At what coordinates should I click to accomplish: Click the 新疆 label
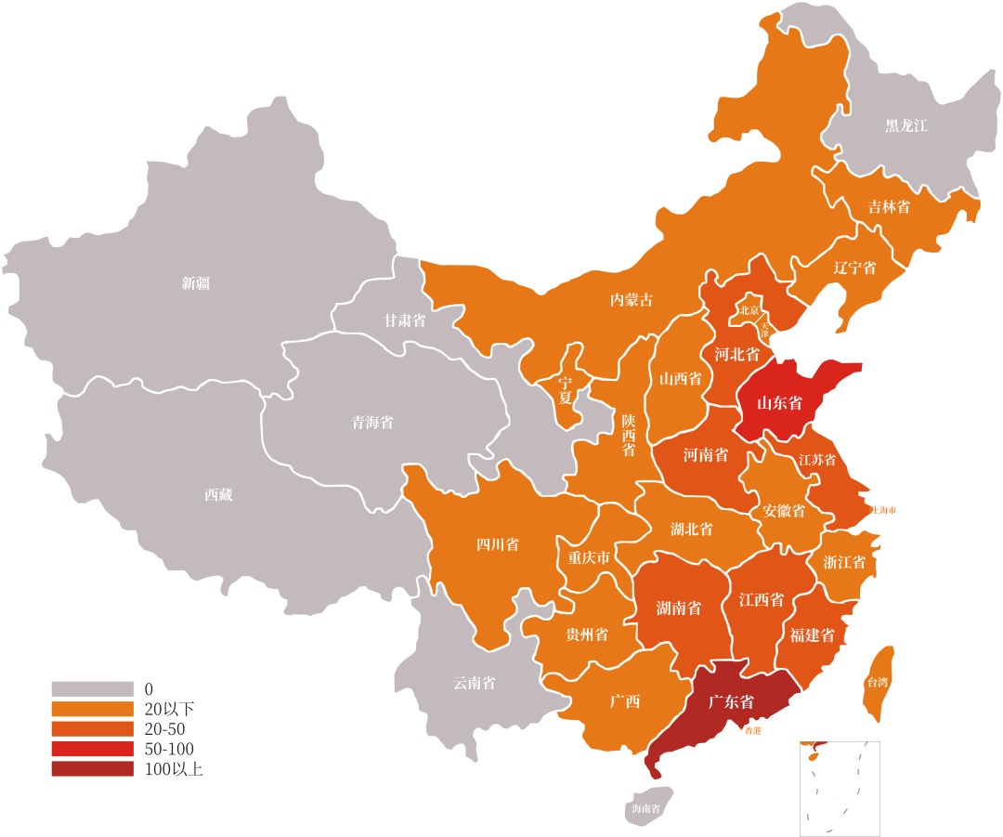[x=196, y=283]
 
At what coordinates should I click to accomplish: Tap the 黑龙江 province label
[x=905, y=125]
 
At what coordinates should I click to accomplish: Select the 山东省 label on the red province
[x=778, y=403]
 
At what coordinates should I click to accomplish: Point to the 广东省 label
[x=730, y=701]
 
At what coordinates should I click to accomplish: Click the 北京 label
[x=749, y=310]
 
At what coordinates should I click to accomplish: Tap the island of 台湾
[x=879, y=682]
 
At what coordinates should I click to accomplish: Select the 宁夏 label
[x=565, y=390]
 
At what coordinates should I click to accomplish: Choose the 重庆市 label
[x=589, y=558]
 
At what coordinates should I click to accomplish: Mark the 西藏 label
[x=218, y=495]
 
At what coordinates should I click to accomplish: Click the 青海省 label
[x=371, y=423]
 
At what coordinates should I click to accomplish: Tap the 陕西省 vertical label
[x=629, y=435]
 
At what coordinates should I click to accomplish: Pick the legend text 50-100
[x=170, y=749]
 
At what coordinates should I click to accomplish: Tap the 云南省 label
[x=474, y=683]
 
